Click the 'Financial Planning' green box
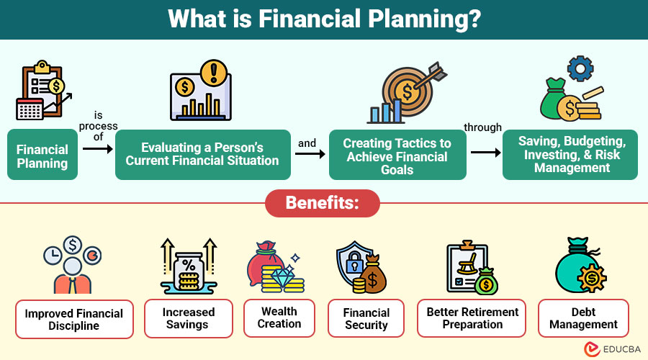42,155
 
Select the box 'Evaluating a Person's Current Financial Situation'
202,155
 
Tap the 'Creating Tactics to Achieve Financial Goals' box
397,155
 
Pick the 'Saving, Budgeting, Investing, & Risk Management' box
570,155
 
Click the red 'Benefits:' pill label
323,203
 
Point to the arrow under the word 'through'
485,153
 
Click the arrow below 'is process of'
97,148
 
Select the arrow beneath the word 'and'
310,154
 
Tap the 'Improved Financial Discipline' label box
74,319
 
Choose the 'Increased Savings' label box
189,318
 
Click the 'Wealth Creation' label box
279,318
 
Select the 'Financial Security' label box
366,318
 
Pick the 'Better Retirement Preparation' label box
472,318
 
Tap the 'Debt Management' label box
583,318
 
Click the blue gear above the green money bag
580,68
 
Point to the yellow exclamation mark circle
214,73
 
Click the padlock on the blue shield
354,261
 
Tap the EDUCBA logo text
622,349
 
